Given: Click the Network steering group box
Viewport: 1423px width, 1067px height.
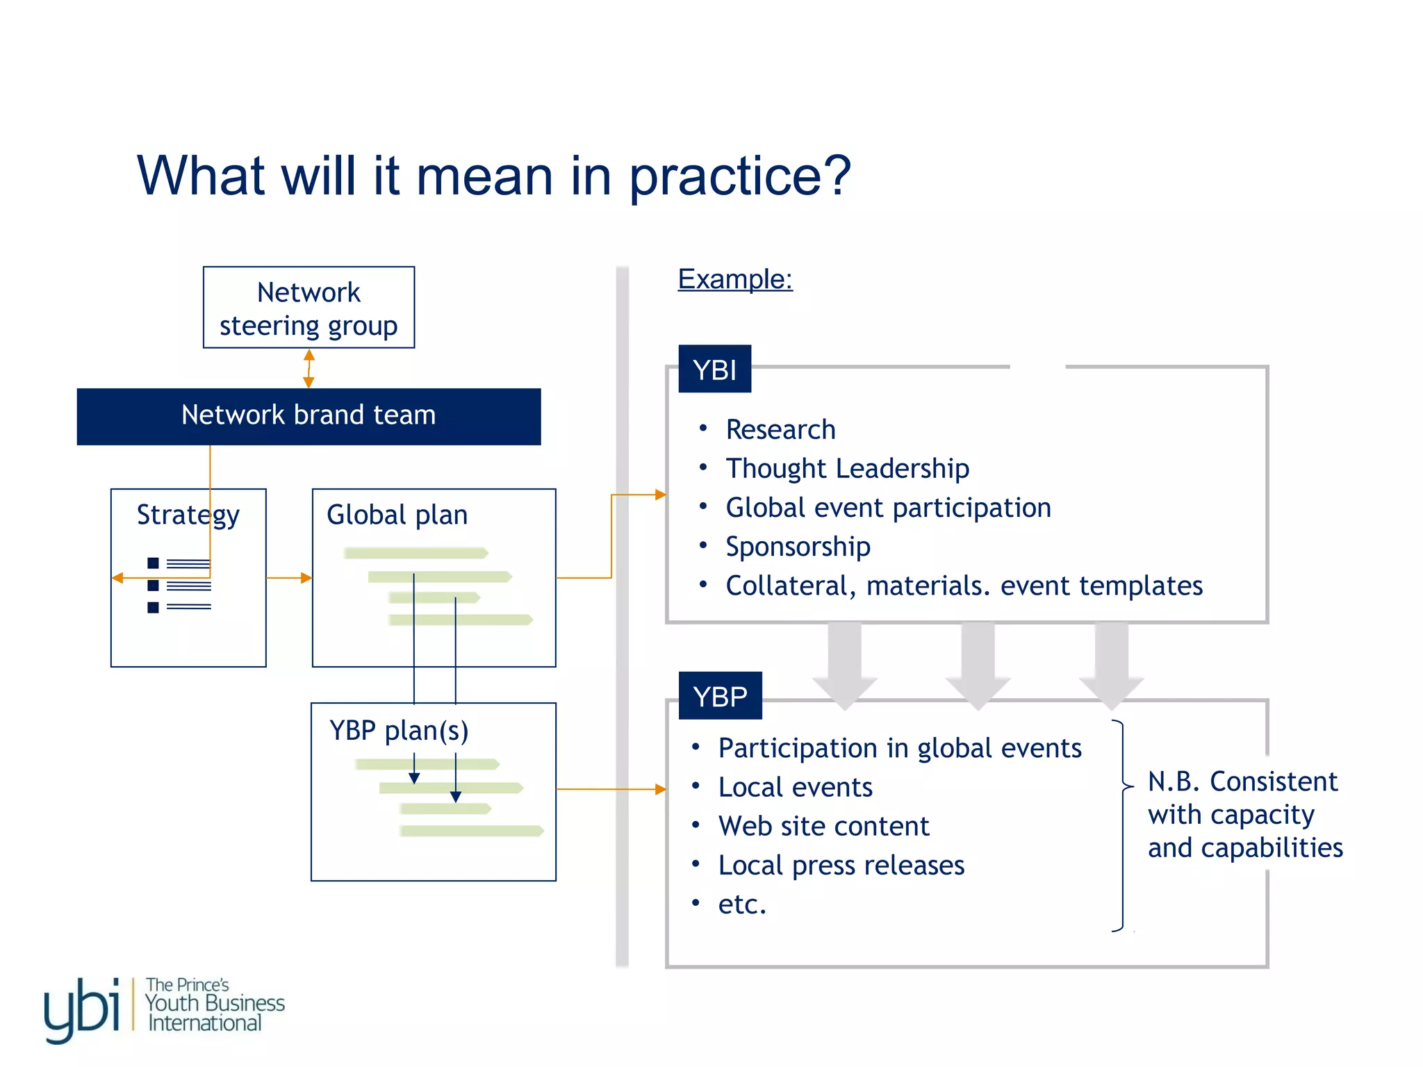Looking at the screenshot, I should pyautogui.click(x=309, y=308).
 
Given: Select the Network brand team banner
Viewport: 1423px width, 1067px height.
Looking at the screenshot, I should pyautogui.click(x=309, y=415).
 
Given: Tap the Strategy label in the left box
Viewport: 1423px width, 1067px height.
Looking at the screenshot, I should pyautogui.click(x=188, y=515).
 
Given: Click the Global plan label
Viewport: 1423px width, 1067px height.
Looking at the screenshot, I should pyautogui.click(x=397, y=515).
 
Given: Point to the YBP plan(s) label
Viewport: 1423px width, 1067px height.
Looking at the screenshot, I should pyautogui.click(x=399, y=731).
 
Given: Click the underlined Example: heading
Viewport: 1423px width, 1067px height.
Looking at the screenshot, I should pyautogui.click(x=735, y=279).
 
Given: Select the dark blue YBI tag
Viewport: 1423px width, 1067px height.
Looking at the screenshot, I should pyautogui.click(x=714, y=370).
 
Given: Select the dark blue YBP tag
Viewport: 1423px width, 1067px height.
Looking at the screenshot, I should pyautogui.click(x=720, y=696).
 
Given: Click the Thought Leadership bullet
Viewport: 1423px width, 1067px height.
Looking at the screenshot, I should pyautogui.click(x=847, y=469).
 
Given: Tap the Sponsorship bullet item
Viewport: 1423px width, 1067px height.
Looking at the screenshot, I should pyautogui.click(x=798, y=547).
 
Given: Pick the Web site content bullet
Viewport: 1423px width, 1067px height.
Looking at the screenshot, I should pyautogui.click(x=823, y=827).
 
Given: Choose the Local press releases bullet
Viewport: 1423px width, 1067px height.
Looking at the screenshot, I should pyautogui.click(x=841, y=866).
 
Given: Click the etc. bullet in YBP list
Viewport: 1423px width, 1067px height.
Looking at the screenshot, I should pyautogui.click(x=742, y=904).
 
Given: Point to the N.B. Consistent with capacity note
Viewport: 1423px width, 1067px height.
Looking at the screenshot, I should pyautogui.click(x=1244, y=814).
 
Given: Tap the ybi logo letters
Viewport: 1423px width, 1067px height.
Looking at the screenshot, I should pyautogui.click(x=82, y=1009).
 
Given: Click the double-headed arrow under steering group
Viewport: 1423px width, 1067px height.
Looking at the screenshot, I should pyautogui.click(x=309, y=368).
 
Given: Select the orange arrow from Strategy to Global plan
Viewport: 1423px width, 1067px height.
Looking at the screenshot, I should pyautogui.click(x=289, y=578).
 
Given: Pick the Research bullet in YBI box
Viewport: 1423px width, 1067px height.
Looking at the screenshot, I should pyautogui.click(x=780, y=430).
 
